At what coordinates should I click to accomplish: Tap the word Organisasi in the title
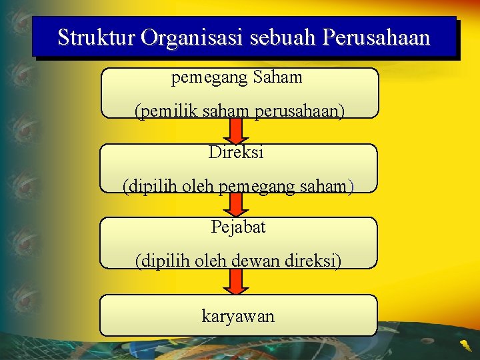(193, 37)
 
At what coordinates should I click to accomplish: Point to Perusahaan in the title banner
(376, 37)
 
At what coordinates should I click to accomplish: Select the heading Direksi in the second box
(236, 152)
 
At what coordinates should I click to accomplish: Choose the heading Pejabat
(238, 227)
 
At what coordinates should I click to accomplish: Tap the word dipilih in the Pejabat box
(163, 261)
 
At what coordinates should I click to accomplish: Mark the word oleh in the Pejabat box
(210, 261)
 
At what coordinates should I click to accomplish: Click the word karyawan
(238, 316)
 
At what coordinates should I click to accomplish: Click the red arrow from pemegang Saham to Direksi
(235, 131)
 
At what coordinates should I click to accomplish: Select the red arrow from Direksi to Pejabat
(235, 205)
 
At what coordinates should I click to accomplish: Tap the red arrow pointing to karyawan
(235, 281)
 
